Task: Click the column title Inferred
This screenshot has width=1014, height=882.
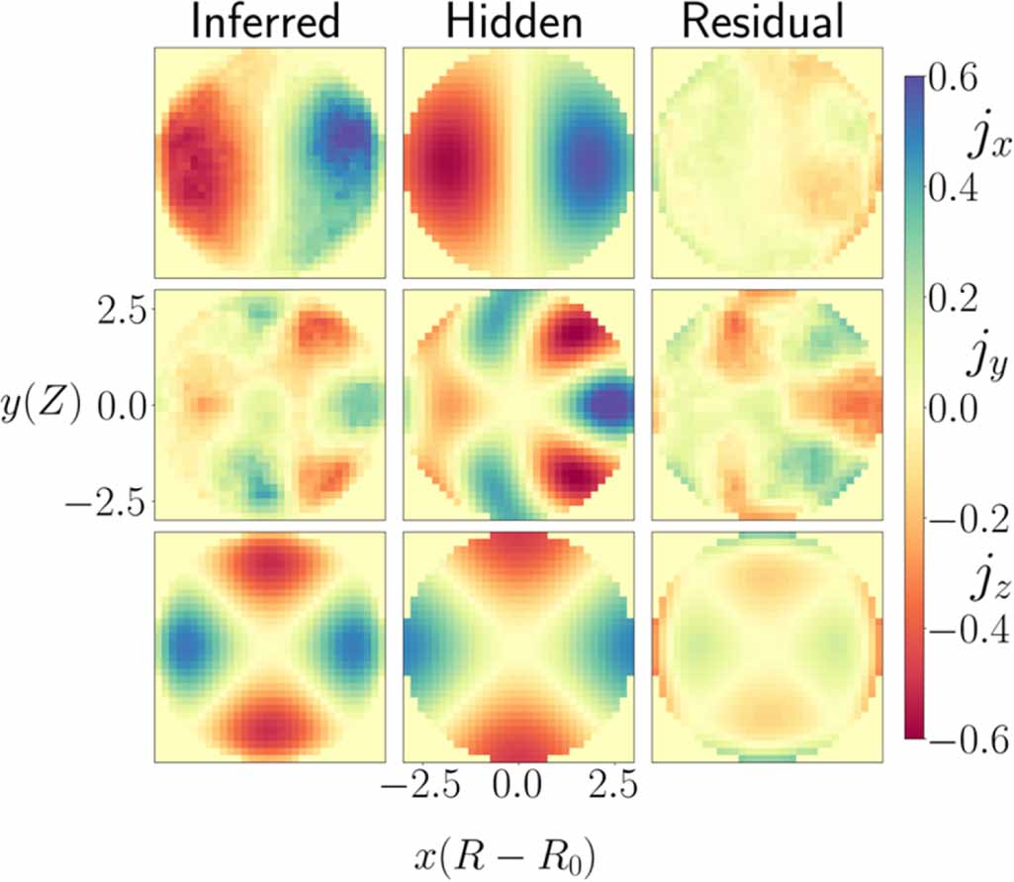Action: click(265, 24)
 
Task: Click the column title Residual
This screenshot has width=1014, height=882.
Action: click(765, 24)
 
